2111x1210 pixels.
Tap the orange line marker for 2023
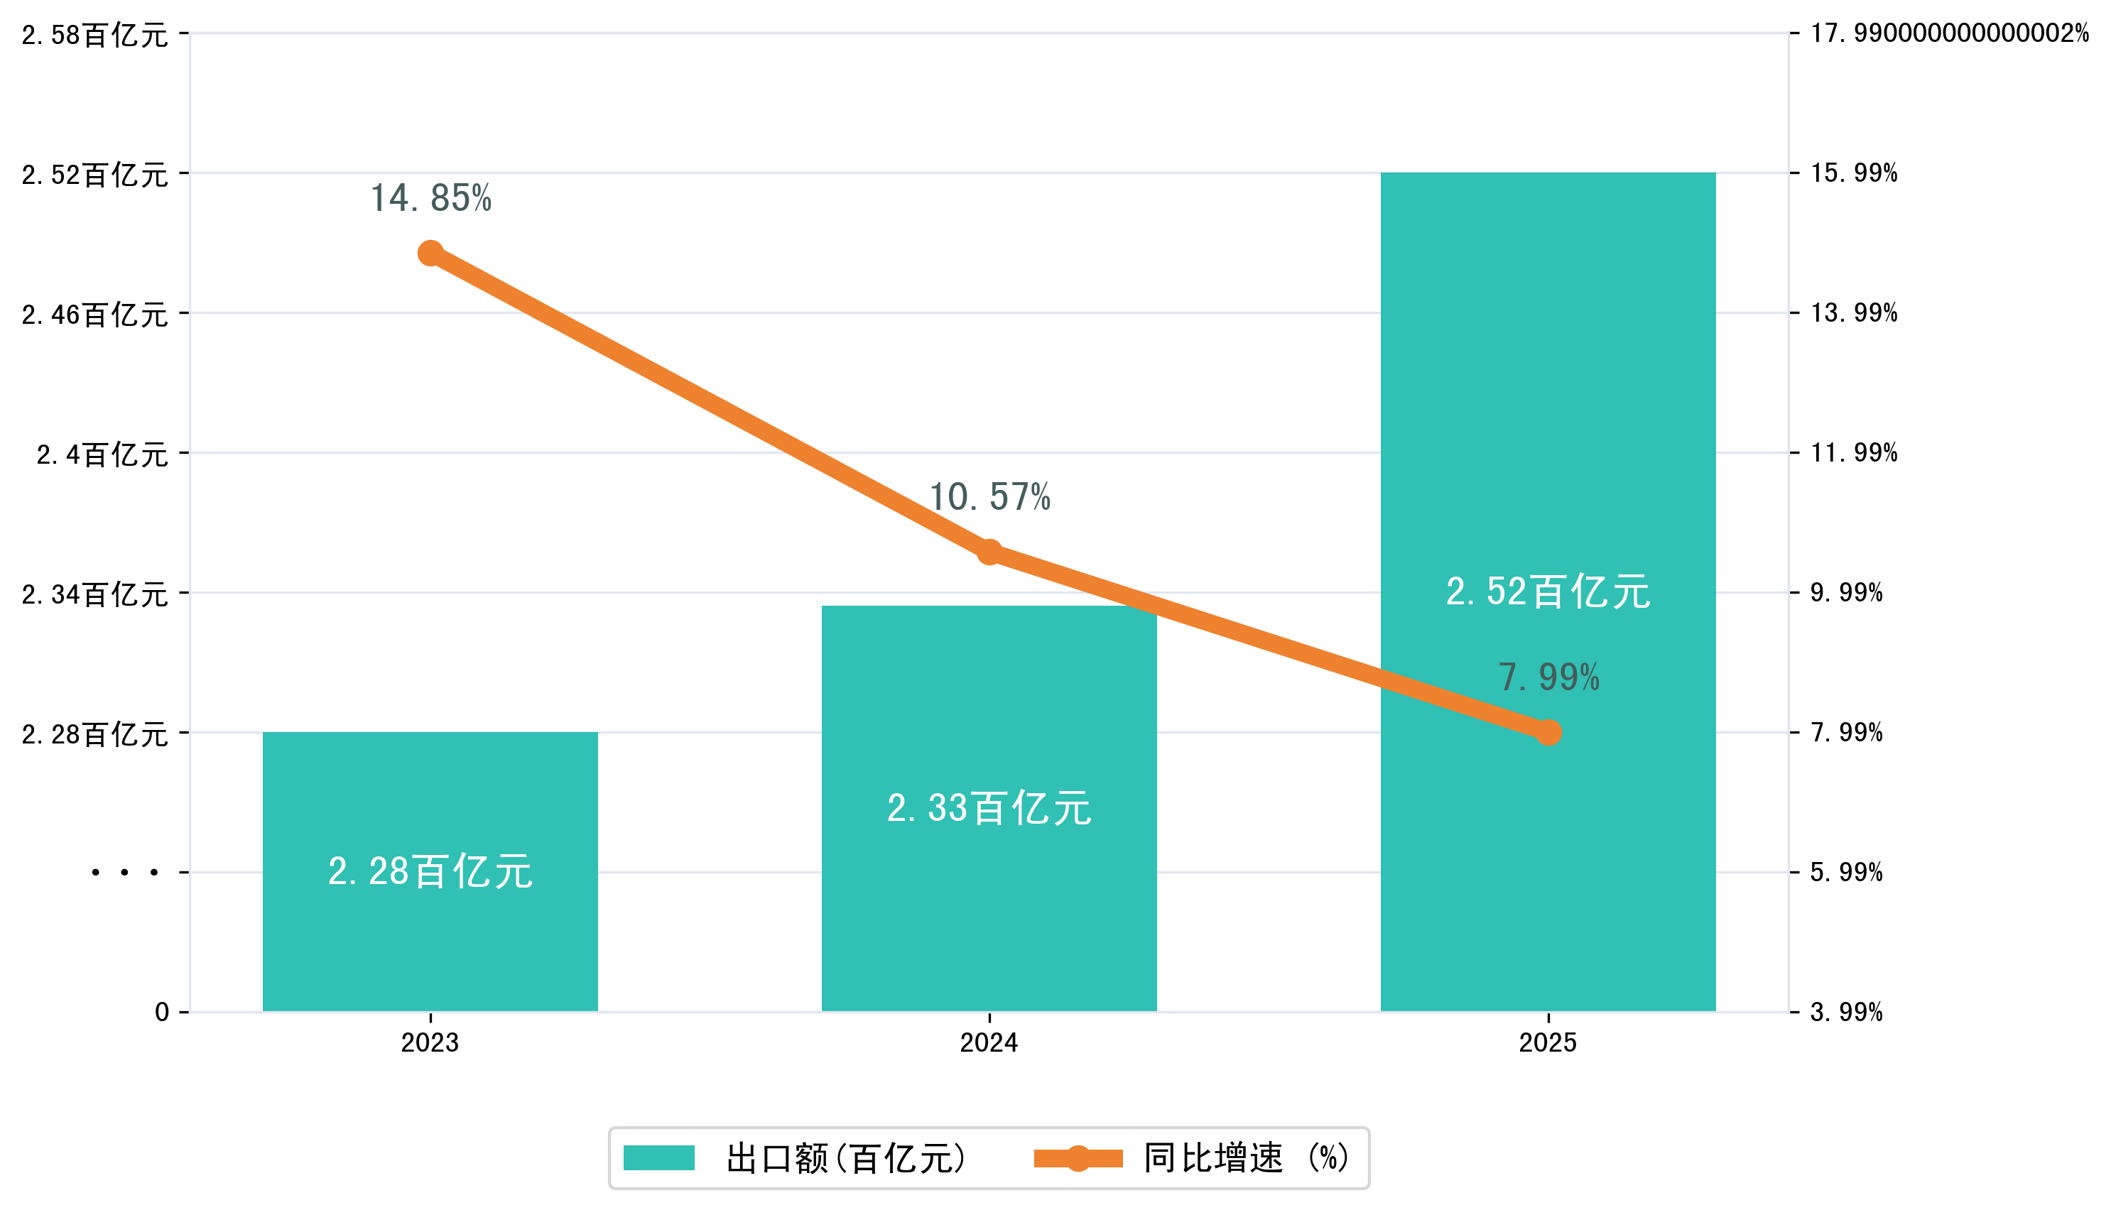coord(430,253)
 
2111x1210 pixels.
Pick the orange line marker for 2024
coord(988,552)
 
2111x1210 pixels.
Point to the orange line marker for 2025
coord(1548,732)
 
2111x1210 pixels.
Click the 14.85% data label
coord(430,199)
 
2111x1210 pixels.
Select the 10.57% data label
coord(989,497)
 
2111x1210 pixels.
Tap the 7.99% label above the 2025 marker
coord(1548,677)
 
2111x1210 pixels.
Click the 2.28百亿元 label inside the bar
coord(430,872)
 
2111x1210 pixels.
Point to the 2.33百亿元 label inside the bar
coord(988,808)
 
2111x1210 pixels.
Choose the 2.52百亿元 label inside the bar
coord(1548,592)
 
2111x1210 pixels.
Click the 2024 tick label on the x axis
coord(988,1042)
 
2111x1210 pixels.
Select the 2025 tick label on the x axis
coord(1548,1042)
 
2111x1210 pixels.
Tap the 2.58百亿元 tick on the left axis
coord(94,35)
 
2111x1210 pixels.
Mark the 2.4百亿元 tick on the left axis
coord(102,454)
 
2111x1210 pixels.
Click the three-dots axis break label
coord(125,873)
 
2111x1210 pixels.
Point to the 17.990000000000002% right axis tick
coord(1949,33)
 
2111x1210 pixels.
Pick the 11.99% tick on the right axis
coord(1853,453)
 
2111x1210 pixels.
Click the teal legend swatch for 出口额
coord(658,1157)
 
